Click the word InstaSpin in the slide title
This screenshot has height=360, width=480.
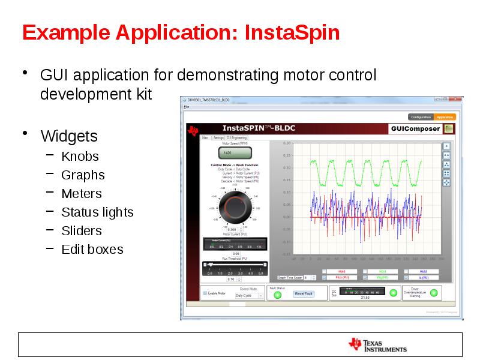click(x=293, y=32)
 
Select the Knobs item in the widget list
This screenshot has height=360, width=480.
click(x=80, y=157)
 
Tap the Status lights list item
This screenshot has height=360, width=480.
click(x=97, y=212)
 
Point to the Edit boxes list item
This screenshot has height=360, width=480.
click(x=92, y=250)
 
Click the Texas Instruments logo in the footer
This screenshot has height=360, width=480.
click(x=378, y=344)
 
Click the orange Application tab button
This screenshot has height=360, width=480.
click(x=445, y=117)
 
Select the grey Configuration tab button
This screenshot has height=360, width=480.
click(x=421, y=117)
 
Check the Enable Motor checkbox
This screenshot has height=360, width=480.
click(x=205, y=293)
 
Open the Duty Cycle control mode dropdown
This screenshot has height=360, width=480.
click(x=249, y=295)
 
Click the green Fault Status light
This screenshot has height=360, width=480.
click(x=277, y=294)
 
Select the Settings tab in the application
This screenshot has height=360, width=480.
click(x=218, y=137)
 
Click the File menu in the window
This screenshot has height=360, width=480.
click(x=187, y=106)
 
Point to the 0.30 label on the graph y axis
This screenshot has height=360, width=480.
click(x=286, y=143)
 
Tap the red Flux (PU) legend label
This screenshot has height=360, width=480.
click(x=341, y=278)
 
